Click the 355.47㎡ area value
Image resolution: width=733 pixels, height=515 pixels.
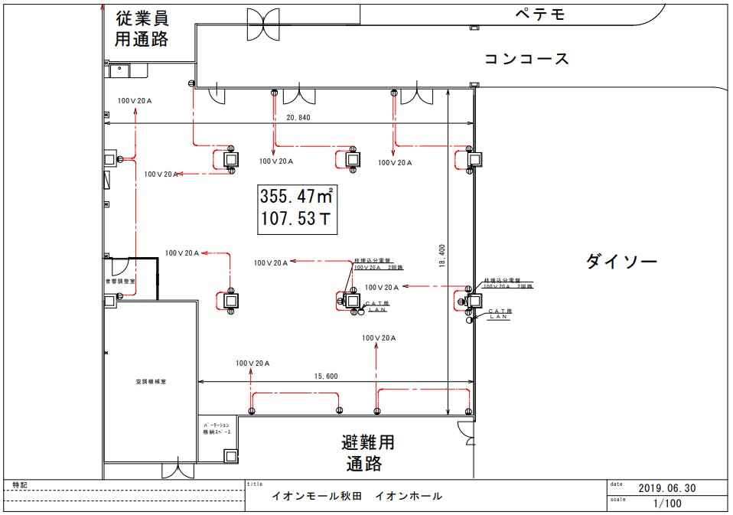[296, 195]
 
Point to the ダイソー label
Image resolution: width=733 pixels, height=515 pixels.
[621, 262]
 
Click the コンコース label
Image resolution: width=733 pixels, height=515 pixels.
[526, 58]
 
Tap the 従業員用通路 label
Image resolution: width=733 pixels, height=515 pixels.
[142, 29]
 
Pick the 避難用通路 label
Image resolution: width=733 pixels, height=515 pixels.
[368, 453]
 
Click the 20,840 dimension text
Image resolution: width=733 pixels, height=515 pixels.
[298, 118]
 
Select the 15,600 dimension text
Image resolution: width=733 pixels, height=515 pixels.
[326, 376]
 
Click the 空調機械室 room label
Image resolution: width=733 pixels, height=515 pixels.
[151, 380]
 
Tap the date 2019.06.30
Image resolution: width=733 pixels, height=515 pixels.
[666, 487]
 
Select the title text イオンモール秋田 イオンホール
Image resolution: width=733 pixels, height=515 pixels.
[357, 496]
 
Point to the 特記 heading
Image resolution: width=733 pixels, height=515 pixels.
[19, 485]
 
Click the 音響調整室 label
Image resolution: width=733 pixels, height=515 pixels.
[119, 282]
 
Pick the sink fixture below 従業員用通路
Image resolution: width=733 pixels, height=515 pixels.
[119, 70]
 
